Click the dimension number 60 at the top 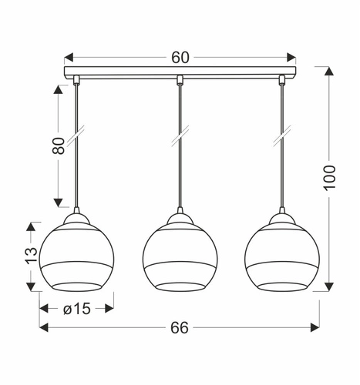tap(180, 58)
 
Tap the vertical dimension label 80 tap(59, 146)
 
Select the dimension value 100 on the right tap(329, 178)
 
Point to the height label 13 tap(32, 256)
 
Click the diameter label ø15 tap(77, 309)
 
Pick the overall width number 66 tap(180, 328)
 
